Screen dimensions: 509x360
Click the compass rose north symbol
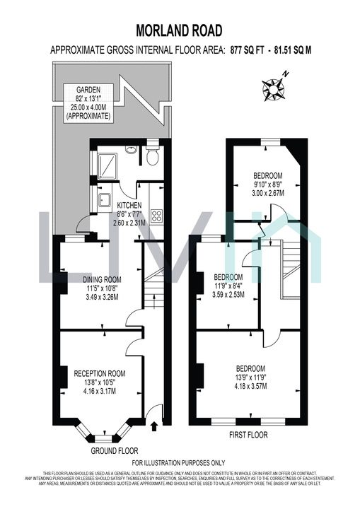tap(272, 88)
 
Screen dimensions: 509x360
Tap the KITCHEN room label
tap(129, 205)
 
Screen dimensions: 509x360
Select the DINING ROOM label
tap(102, 279)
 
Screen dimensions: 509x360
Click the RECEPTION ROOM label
tap(101, 373)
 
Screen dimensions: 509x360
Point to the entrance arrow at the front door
tap(155, 426)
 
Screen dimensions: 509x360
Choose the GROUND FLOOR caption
tap(115, 450)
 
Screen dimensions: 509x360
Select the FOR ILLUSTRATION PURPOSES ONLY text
tap(179, 462)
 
